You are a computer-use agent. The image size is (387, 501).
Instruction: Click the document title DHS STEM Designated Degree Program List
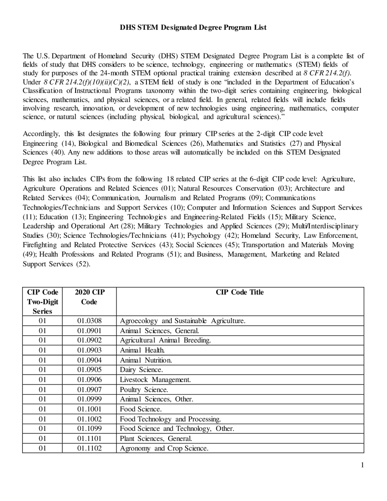click(x=193, y=28)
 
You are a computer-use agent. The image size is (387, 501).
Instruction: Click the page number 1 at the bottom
click(x=362, y=465)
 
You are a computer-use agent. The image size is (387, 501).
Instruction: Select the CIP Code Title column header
click(x=239, y=292)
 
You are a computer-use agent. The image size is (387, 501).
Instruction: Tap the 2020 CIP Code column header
click(x=89, y=297)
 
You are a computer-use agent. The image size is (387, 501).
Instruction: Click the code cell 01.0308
click(x=89, y=321)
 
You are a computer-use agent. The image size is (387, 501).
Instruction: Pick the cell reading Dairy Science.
click(x=141, y=370)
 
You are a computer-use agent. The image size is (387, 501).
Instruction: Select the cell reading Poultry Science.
click(x=144, y=390)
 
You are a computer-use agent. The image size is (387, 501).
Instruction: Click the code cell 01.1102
click(x=89, y=448)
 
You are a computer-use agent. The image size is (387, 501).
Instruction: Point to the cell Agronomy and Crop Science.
click(x=164, y=448)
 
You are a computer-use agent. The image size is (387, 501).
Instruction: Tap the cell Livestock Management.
click(x=155, y=380)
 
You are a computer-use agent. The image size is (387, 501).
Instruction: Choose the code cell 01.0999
click(x=89, y=399)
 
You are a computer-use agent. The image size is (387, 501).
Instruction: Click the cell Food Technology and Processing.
click(x=170, y=419)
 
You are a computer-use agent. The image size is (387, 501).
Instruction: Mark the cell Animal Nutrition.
click(x=146, y=360)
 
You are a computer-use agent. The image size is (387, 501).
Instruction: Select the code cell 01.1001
click(x=89, y=409)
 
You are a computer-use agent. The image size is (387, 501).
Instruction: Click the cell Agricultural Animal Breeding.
click(x=165, y=340)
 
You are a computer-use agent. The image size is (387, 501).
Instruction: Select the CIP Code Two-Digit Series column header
click(x=42, y=302)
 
